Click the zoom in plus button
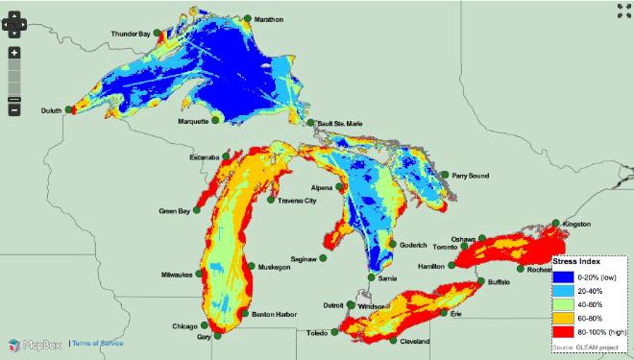(14, 52)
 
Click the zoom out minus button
(14, 109)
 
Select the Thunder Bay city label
(132, 35)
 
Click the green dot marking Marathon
(248, 18)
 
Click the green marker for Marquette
(217, 120)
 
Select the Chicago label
(185, 326)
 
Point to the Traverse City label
(297, 201)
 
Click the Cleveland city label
(414, 342)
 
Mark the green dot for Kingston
(556, 223)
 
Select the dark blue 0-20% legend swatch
(562, 276)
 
